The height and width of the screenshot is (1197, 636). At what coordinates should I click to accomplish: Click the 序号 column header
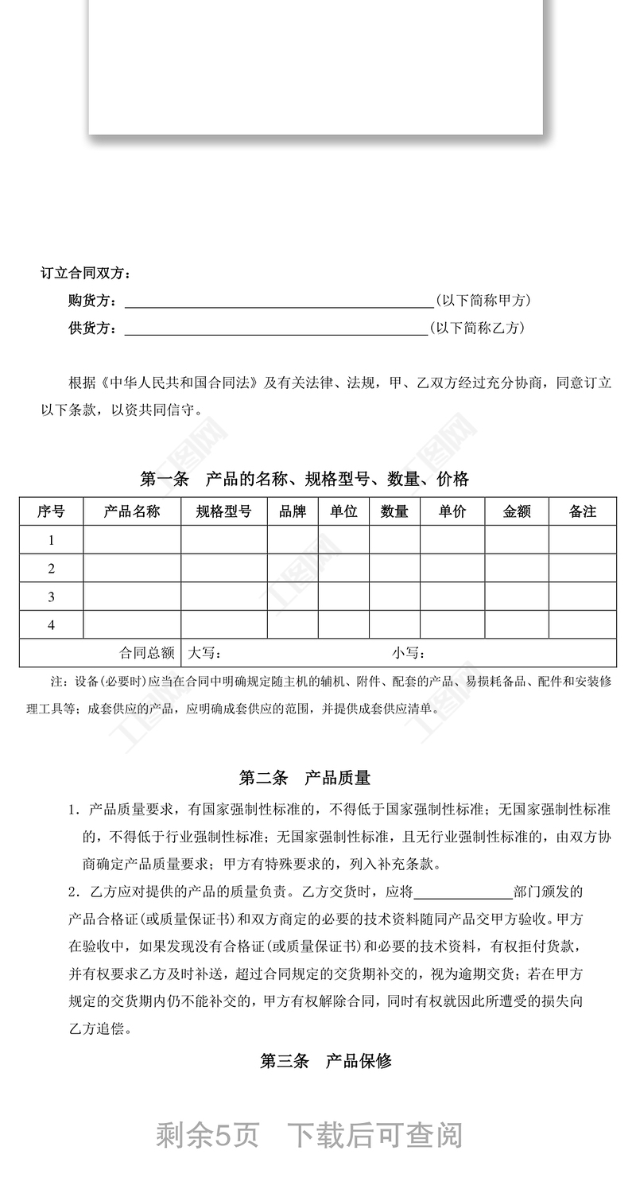pyautogui.click(x=51, y=511)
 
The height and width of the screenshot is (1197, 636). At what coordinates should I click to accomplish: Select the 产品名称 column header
pyautogui.click(x=132, y=511)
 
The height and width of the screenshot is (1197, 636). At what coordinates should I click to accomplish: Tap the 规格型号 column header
pyautogui.click(x=223, y=511)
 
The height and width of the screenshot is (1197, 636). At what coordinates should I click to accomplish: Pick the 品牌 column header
pyautogui.click(x=293, y=511)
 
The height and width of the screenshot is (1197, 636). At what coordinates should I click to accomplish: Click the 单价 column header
pyautogui.click(x=452, y=511)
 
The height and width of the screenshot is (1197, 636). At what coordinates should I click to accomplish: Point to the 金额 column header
pyautogui.click(x=517, y=511)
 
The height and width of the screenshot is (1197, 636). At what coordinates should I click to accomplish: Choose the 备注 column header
pyautogui.click(x=583, y=511)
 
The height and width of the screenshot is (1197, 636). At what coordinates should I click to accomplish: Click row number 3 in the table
pyautogui.click(x=52, y=597)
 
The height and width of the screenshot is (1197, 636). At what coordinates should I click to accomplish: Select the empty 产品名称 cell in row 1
pyautogui.click(x=132, y=540)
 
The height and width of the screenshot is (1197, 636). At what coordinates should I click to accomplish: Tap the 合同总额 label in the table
pyautogui.click(x=147, y=653)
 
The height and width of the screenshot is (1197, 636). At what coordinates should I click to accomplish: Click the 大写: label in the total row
pyautogui.click(x=204, y=653)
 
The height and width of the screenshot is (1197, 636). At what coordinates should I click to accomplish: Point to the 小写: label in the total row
pyautogui.click(x=409, y=653)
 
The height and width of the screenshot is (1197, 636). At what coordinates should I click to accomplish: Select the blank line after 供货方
pyautogui.click(x=276, y=328)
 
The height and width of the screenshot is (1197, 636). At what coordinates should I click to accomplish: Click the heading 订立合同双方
pyautogui.click(x=86, y=274)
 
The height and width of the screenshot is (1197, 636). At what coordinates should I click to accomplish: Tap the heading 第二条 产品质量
pyautogui.click(x=304, y=778)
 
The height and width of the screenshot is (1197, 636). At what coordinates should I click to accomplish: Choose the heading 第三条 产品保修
pyautogui.click(x=326, y=1061)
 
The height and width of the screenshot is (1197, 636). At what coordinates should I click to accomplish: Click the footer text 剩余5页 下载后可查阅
pyautogui.click(x=309, y=1135)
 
